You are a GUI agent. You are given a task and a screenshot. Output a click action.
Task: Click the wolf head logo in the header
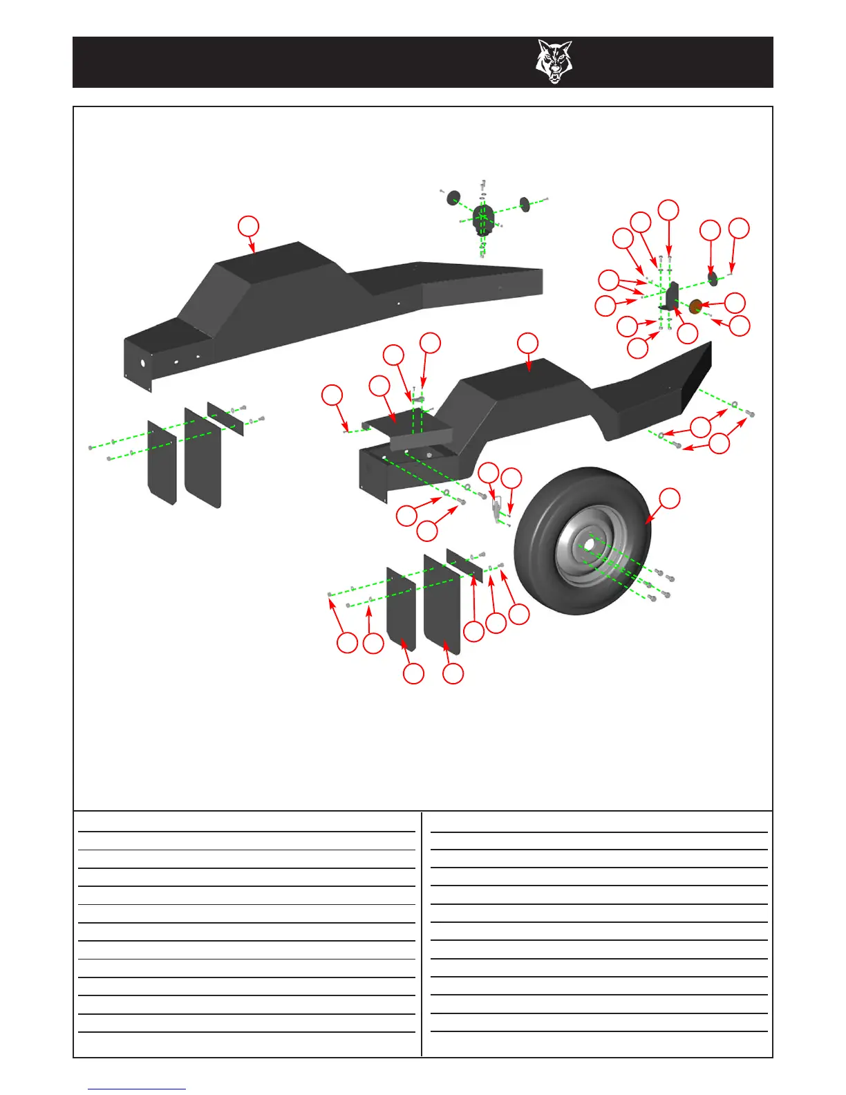click(554, 62)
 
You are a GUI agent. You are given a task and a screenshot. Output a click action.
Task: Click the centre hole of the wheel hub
click(589, 545)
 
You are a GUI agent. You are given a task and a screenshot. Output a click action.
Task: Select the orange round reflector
click(695, 306)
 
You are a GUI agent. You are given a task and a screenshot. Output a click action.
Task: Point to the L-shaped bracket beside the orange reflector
click(671, 297)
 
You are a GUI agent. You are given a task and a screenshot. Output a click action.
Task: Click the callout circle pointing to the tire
click(668, 498)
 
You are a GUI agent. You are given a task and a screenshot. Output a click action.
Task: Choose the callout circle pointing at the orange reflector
click(735, 302)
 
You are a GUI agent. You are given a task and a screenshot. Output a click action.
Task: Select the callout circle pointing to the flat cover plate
click(379, 386)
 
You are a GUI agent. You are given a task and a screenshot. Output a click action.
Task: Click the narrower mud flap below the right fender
click(401, 609)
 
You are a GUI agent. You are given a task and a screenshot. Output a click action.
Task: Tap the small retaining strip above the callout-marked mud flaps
click(464, 564)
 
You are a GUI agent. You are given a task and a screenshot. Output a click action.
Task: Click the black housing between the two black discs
click(483, 219)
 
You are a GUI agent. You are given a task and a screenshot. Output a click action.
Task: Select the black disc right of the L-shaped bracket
click(712, 279)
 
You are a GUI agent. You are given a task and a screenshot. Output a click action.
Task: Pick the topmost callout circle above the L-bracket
click(668, 209)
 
